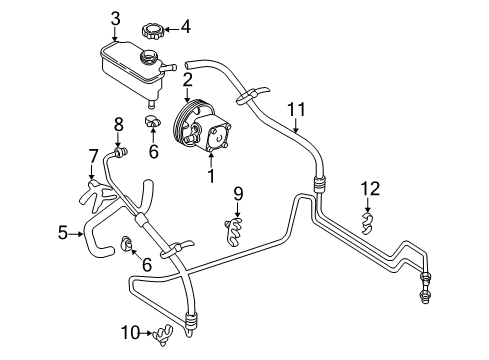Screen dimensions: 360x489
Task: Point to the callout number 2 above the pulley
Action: coord(187,78)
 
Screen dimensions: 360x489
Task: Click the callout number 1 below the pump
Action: coord(210,178)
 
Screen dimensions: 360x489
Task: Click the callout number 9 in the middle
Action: coord(238,192)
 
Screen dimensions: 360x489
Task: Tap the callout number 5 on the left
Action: coord(63,233)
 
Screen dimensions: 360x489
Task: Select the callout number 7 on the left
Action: coord(92,155)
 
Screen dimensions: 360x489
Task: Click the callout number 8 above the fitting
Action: coord(118,124)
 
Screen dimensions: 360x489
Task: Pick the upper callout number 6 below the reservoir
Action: coord(153,153)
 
